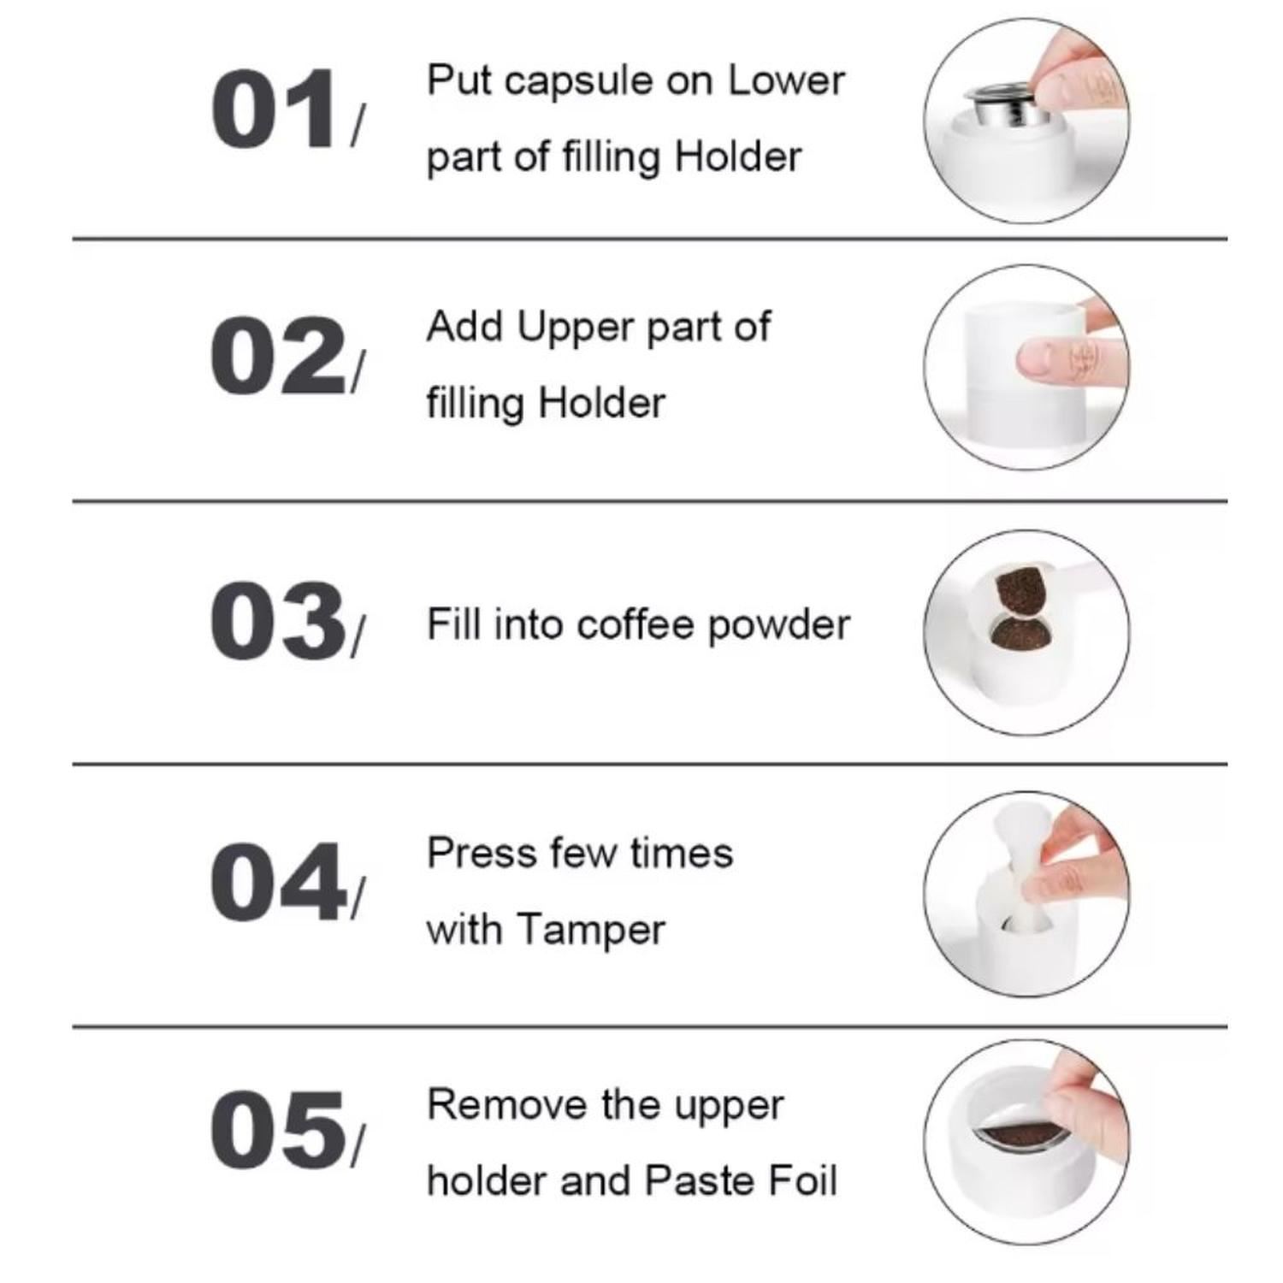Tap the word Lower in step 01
coord(787,80)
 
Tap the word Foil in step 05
coord(802,1180)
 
